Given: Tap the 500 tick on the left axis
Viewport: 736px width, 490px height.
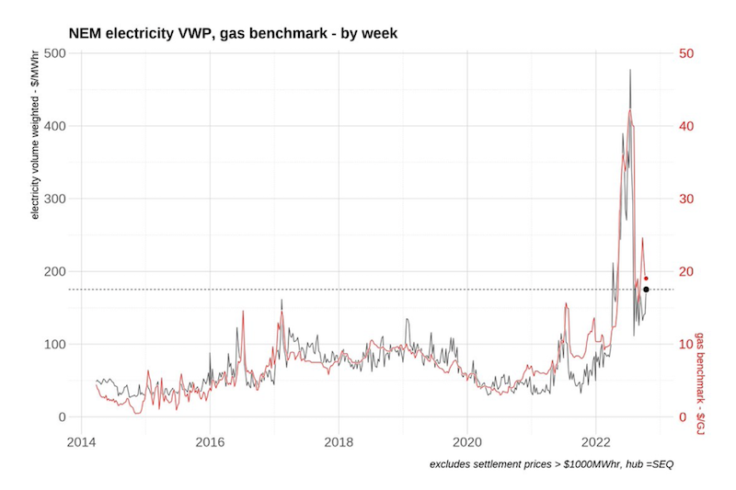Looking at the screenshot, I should [x=53, y=53].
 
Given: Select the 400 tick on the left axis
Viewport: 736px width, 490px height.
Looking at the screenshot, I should [x=53, y=126].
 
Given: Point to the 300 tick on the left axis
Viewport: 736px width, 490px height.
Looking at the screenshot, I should [x=53, y=199].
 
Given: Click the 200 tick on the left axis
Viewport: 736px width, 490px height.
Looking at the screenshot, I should [x=53, y=271].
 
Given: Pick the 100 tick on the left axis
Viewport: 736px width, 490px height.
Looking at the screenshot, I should [x=53, y=344].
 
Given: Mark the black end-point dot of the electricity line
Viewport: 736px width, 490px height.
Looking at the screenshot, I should [x=646, y=290].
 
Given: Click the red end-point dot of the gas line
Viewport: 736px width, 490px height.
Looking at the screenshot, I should [x=646, y=279].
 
